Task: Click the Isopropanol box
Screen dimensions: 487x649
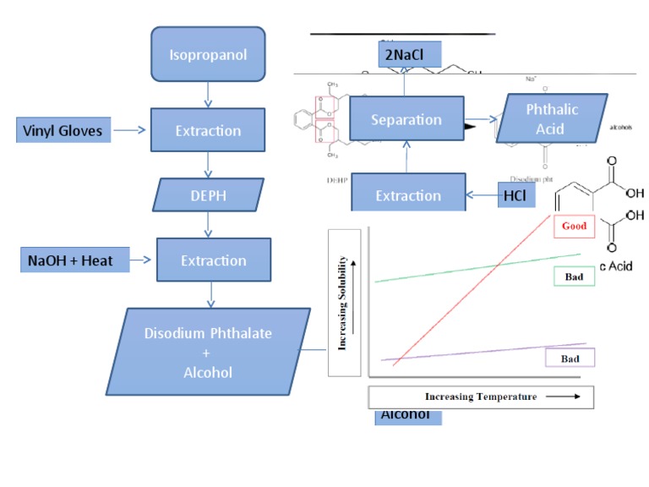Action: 208,57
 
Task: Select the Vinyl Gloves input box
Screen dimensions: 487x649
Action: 63,130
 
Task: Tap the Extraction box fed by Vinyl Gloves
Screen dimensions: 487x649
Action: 208,130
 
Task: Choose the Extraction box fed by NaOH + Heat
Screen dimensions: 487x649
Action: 213,260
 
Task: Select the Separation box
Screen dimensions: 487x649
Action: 406,120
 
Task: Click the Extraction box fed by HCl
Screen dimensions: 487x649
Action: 408,194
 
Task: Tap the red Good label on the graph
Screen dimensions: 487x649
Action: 574,226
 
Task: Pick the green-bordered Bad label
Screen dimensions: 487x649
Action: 574,276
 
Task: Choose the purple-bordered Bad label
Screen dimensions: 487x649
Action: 570,358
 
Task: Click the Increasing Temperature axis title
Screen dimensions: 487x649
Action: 480,397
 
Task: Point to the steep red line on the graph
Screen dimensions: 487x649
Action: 473,287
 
